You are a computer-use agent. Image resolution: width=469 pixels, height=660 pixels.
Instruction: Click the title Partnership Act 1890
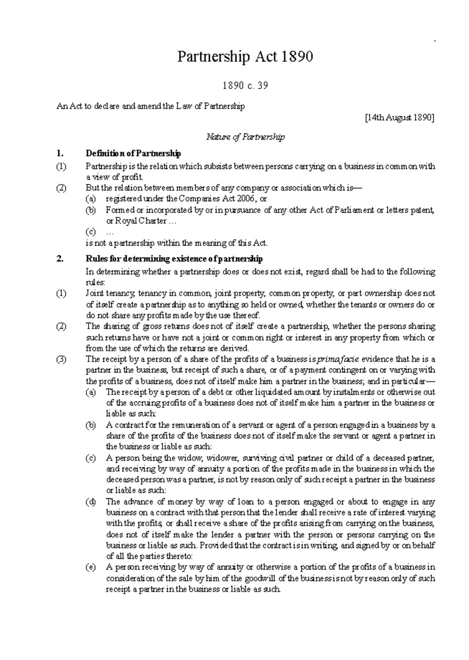(245, 57)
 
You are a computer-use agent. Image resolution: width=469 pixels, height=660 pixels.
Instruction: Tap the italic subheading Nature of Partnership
(245, 137)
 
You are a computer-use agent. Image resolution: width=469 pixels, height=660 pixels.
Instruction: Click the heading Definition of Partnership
(133, 153)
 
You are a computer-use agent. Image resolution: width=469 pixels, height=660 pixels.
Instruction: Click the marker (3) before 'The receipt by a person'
(61, 359)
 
